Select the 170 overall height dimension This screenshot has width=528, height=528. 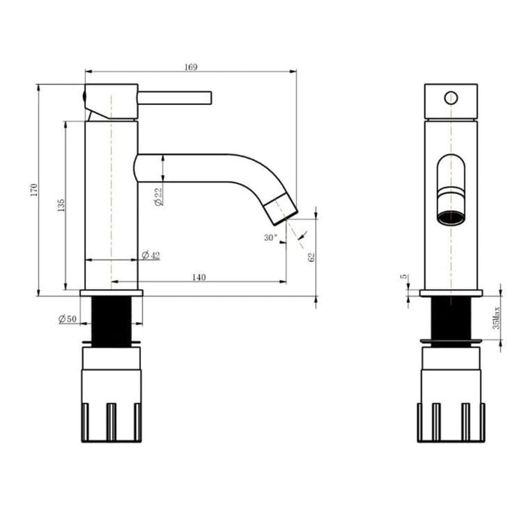click(32, 190)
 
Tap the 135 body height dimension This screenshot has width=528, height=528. click(60, 204)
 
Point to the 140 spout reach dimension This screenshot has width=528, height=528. click(198, 278)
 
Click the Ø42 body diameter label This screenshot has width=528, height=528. click(151, 255)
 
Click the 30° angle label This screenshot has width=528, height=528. click(270, 237)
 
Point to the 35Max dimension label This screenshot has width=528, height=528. click(496, 318)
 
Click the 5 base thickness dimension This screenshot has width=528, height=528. click(405, 278)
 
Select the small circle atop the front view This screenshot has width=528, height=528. click(450, 97)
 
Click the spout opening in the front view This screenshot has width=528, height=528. click(450, 217)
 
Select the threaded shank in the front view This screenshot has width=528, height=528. click(450, 318)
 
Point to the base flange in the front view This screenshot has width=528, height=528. click(450, 292)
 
